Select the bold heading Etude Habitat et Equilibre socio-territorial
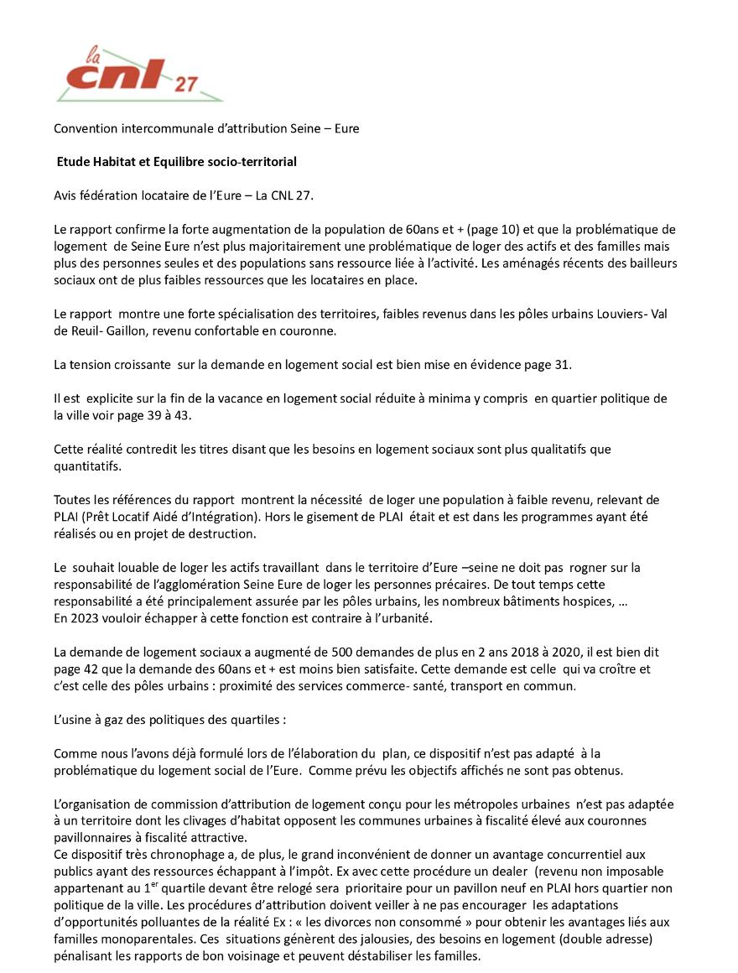coord(176,161)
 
